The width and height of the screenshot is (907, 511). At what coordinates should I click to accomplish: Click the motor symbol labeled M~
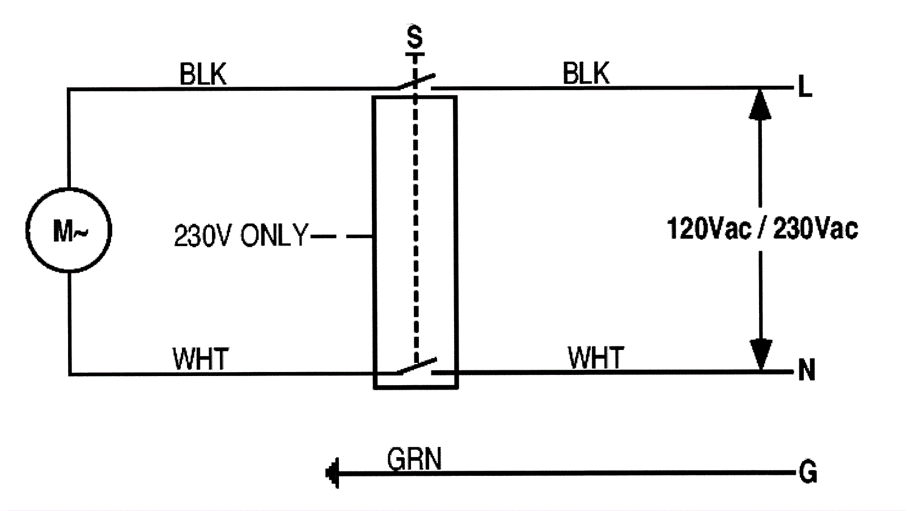coord(69,230)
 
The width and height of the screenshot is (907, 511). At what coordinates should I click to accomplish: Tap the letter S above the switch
coord(415,37)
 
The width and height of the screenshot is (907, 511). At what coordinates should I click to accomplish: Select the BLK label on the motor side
coord(202,74)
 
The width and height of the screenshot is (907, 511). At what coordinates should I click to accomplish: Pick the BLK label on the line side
coord(586,74)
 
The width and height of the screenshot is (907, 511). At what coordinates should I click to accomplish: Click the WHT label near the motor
coord(200,358)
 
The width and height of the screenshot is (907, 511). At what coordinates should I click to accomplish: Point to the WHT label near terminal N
coord(595,357)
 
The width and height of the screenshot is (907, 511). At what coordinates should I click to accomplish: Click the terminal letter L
coord(805,88)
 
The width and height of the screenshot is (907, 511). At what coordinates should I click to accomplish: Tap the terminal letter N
coord(806,370)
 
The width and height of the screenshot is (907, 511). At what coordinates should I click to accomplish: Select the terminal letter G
coord(808,472)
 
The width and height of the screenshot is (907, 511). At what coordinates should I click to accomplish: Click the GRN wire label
coord(414,459)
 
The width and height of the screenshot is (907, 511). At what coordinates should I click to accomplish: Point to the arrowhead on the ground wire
coord(333,472)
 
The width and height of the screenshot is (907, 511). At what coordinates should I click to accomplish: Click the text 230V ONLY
coord(240,235)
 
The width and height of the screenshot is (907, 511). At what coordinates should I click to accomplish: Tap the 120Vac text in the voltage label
coord(709,229)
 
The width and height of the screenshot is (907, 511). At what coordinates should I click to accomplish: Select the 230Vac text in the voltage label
coord(815,229)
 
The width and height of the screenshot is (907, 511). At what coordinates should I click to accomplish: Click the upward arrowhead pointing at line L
coord(760,104)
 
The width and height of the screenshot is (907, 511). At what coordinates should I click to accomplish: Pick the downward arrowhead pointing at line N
coord(760,354)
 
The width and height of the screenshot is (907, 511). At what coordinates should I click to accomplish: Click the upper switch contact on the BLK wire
coord(416,83)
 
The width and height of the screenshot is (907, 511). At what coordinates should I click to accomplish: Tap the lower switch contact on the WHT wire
coord(417,366)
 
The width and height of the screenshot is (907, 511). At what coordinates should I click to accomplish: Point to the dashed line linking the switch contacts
coord(416,227)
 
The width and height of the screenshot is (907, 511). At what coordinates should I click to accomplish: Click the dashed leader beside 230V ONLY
coord(340,236)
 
